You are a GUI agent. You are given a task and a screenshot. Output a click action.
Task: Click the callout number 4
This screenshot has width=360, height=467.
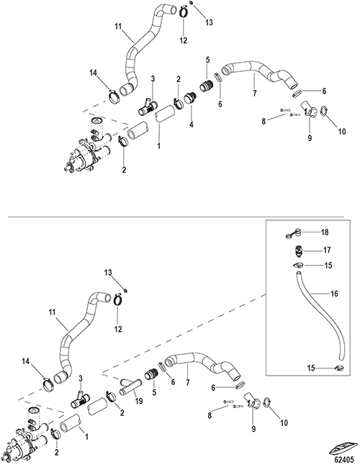click(x=192, y=124)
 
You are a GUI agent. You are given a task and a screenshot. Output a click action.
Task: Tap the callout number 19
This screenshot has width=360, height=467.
click(x=139, y=401)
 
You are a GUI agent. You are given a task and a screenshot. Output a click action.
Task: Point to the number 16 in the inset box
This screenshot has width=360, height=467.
click(x=334, y=294)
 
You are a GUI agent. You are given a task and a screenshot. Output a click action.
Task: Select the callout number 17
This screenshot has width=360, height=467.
click(x=327, y=250)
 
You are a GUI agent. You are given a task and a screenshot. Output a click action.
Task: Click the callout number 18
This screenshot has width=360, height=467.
click(x=325, y=232)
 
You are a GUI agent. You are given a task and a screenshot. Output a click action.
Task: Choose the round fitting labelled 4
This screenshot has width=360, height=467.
click(x=189, y=99)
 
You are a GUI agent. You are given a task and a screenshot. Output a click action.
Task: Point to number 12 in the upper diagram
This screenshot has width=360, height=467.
click(x=184, y=40)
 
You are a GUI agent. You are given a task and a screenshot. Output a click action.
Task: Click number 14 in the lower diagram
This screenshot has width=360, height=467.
click(x=26, y=361)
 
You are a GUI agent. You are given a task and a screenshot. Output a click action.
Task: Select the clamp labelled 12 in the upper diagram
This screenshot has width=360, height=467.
click(x=184, y=12)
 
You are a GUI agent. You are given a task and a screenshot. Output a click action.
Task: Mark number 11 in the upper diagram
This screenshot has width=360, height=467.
click(x=118, y=27)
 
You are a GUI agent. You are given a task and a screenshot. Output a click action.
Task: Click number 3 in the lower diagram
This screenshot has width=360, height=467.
click(x=81, y=378)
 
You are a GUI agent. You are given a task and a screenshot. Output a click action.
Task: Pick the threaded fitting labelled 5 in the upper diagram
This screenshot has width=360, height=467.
click(x=206, y=86)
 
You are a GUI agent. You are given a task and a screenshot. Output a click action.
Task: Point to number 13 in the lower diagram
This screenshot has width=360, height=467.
click(x=108, y=272)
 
